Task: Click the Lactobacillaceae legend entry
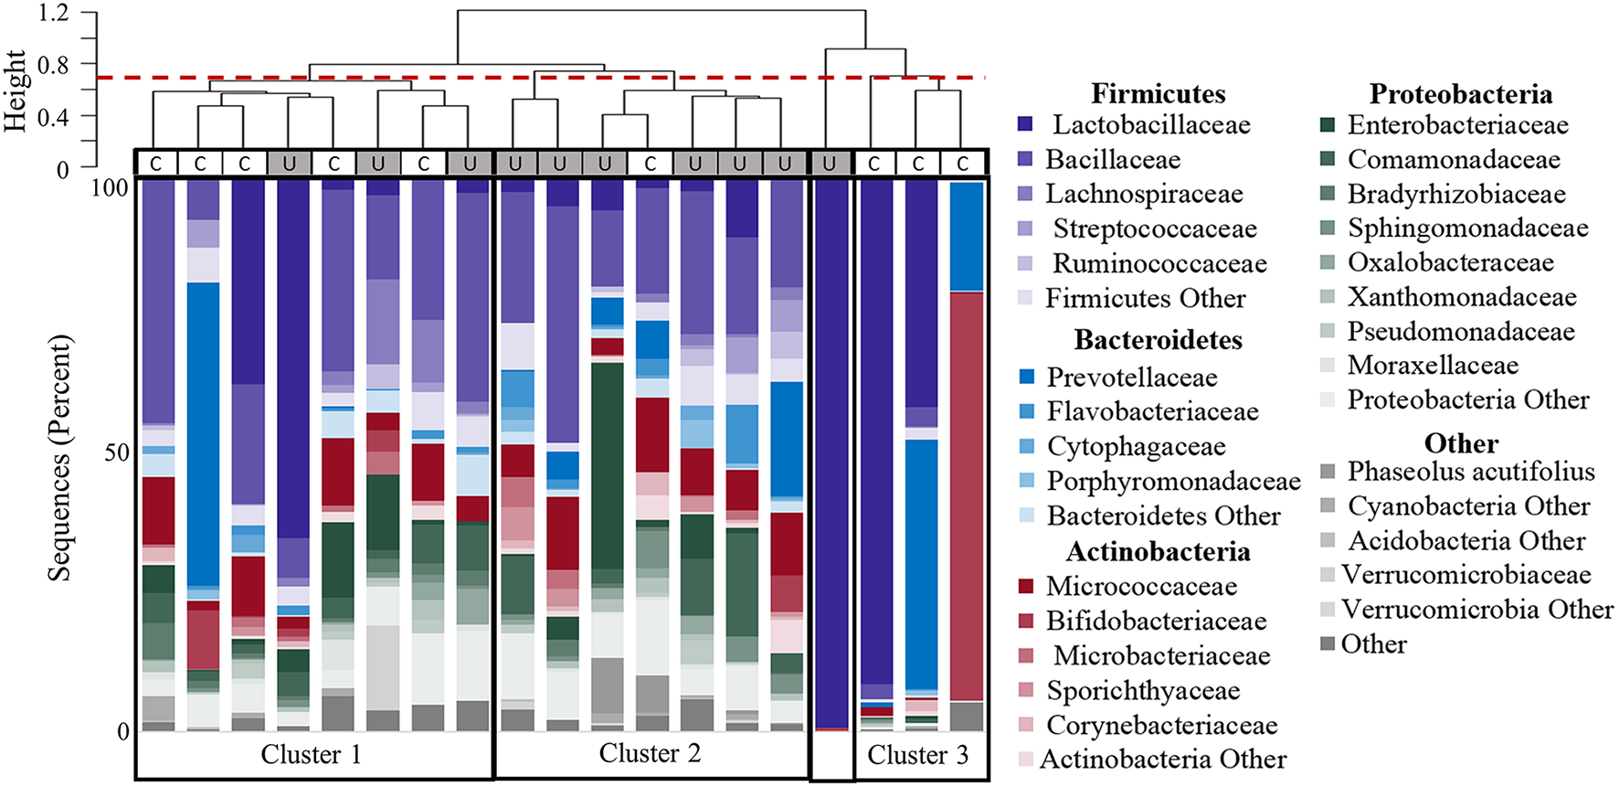tap(1150, 124)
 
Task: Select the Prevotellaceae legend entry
tap(1131, 377)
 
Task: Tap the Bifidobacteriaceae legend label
tap(1156, 621)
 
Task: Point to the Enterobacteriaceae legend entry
tap(1457, 124)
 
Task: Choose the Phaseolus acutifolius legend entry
tap(1470, 471)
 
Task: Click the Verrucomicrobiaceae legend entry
tap(1466, 574)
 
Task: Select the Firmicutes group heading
tap(1158, 93)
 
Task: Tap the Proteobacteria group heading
tap(1460, 93)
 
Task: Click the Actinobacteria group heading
tap(1158, 551)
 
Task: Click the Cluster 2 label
tap(650, 753)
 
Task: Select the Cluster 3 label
tap(917, 754)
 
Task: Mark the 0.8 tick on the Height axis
tap(53, 64)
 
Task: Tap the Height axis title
tap(16, 90)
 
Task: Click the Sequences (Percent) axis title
tap(59, 457)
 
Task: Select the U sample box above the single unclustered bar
tap(830, 163)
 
